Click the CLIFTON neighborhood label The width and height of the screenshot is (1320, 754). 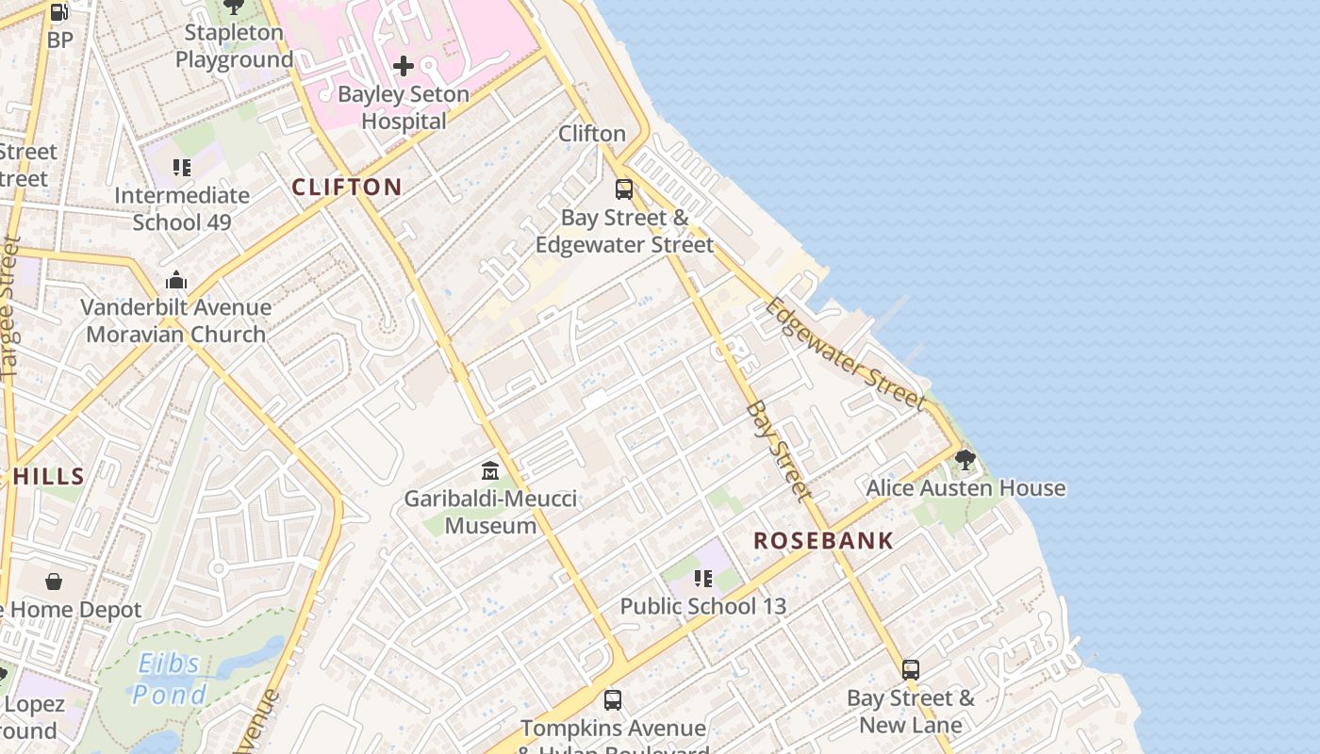point(347,187)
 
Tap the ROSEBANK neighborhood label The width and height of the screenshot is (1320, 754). point(823,541)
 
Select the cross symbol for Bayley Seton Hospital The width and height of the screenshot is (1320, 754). point(404,66)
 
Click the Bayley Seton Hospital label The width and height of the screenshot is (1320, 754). point(404,107)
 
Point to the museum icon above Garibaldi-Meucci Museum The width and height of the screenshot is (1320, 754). point(490,470)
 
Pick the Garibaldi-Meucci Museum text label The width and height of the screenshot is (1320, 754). point(490,512)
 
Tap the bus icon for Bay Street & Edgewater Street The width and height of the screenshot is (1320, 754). point(624,189)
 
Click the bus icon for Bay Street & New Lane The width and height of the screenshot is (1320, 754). point(911,670)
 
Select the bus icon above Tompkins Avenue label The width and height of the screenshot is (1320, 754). point(613,700)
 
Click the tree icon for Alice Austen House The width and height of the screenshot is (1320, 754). point(965,460)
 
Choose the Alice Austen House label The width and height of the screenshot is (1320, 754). point(965,488)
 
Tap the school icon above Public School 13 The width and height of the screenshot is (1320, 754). point(702,579)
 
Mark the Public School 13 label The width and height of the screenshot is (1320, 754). point(702,606)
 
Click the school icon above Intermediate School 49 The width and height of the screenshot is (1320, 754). point(182,168)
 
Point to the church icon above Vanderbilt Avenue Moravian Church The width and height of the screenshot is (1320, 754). point(176,280)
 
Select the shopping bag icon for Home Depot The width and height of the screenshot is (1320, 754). point(54,582)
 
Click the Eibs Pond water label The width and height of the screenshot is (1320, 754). point(170,680)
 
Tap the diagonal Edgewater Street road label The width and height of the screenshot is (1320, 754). point(846,354)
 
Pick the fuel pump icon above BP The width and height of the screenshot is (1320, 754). point(58,12)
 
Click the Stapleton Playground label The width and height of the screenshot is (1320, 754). point(234,45)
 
